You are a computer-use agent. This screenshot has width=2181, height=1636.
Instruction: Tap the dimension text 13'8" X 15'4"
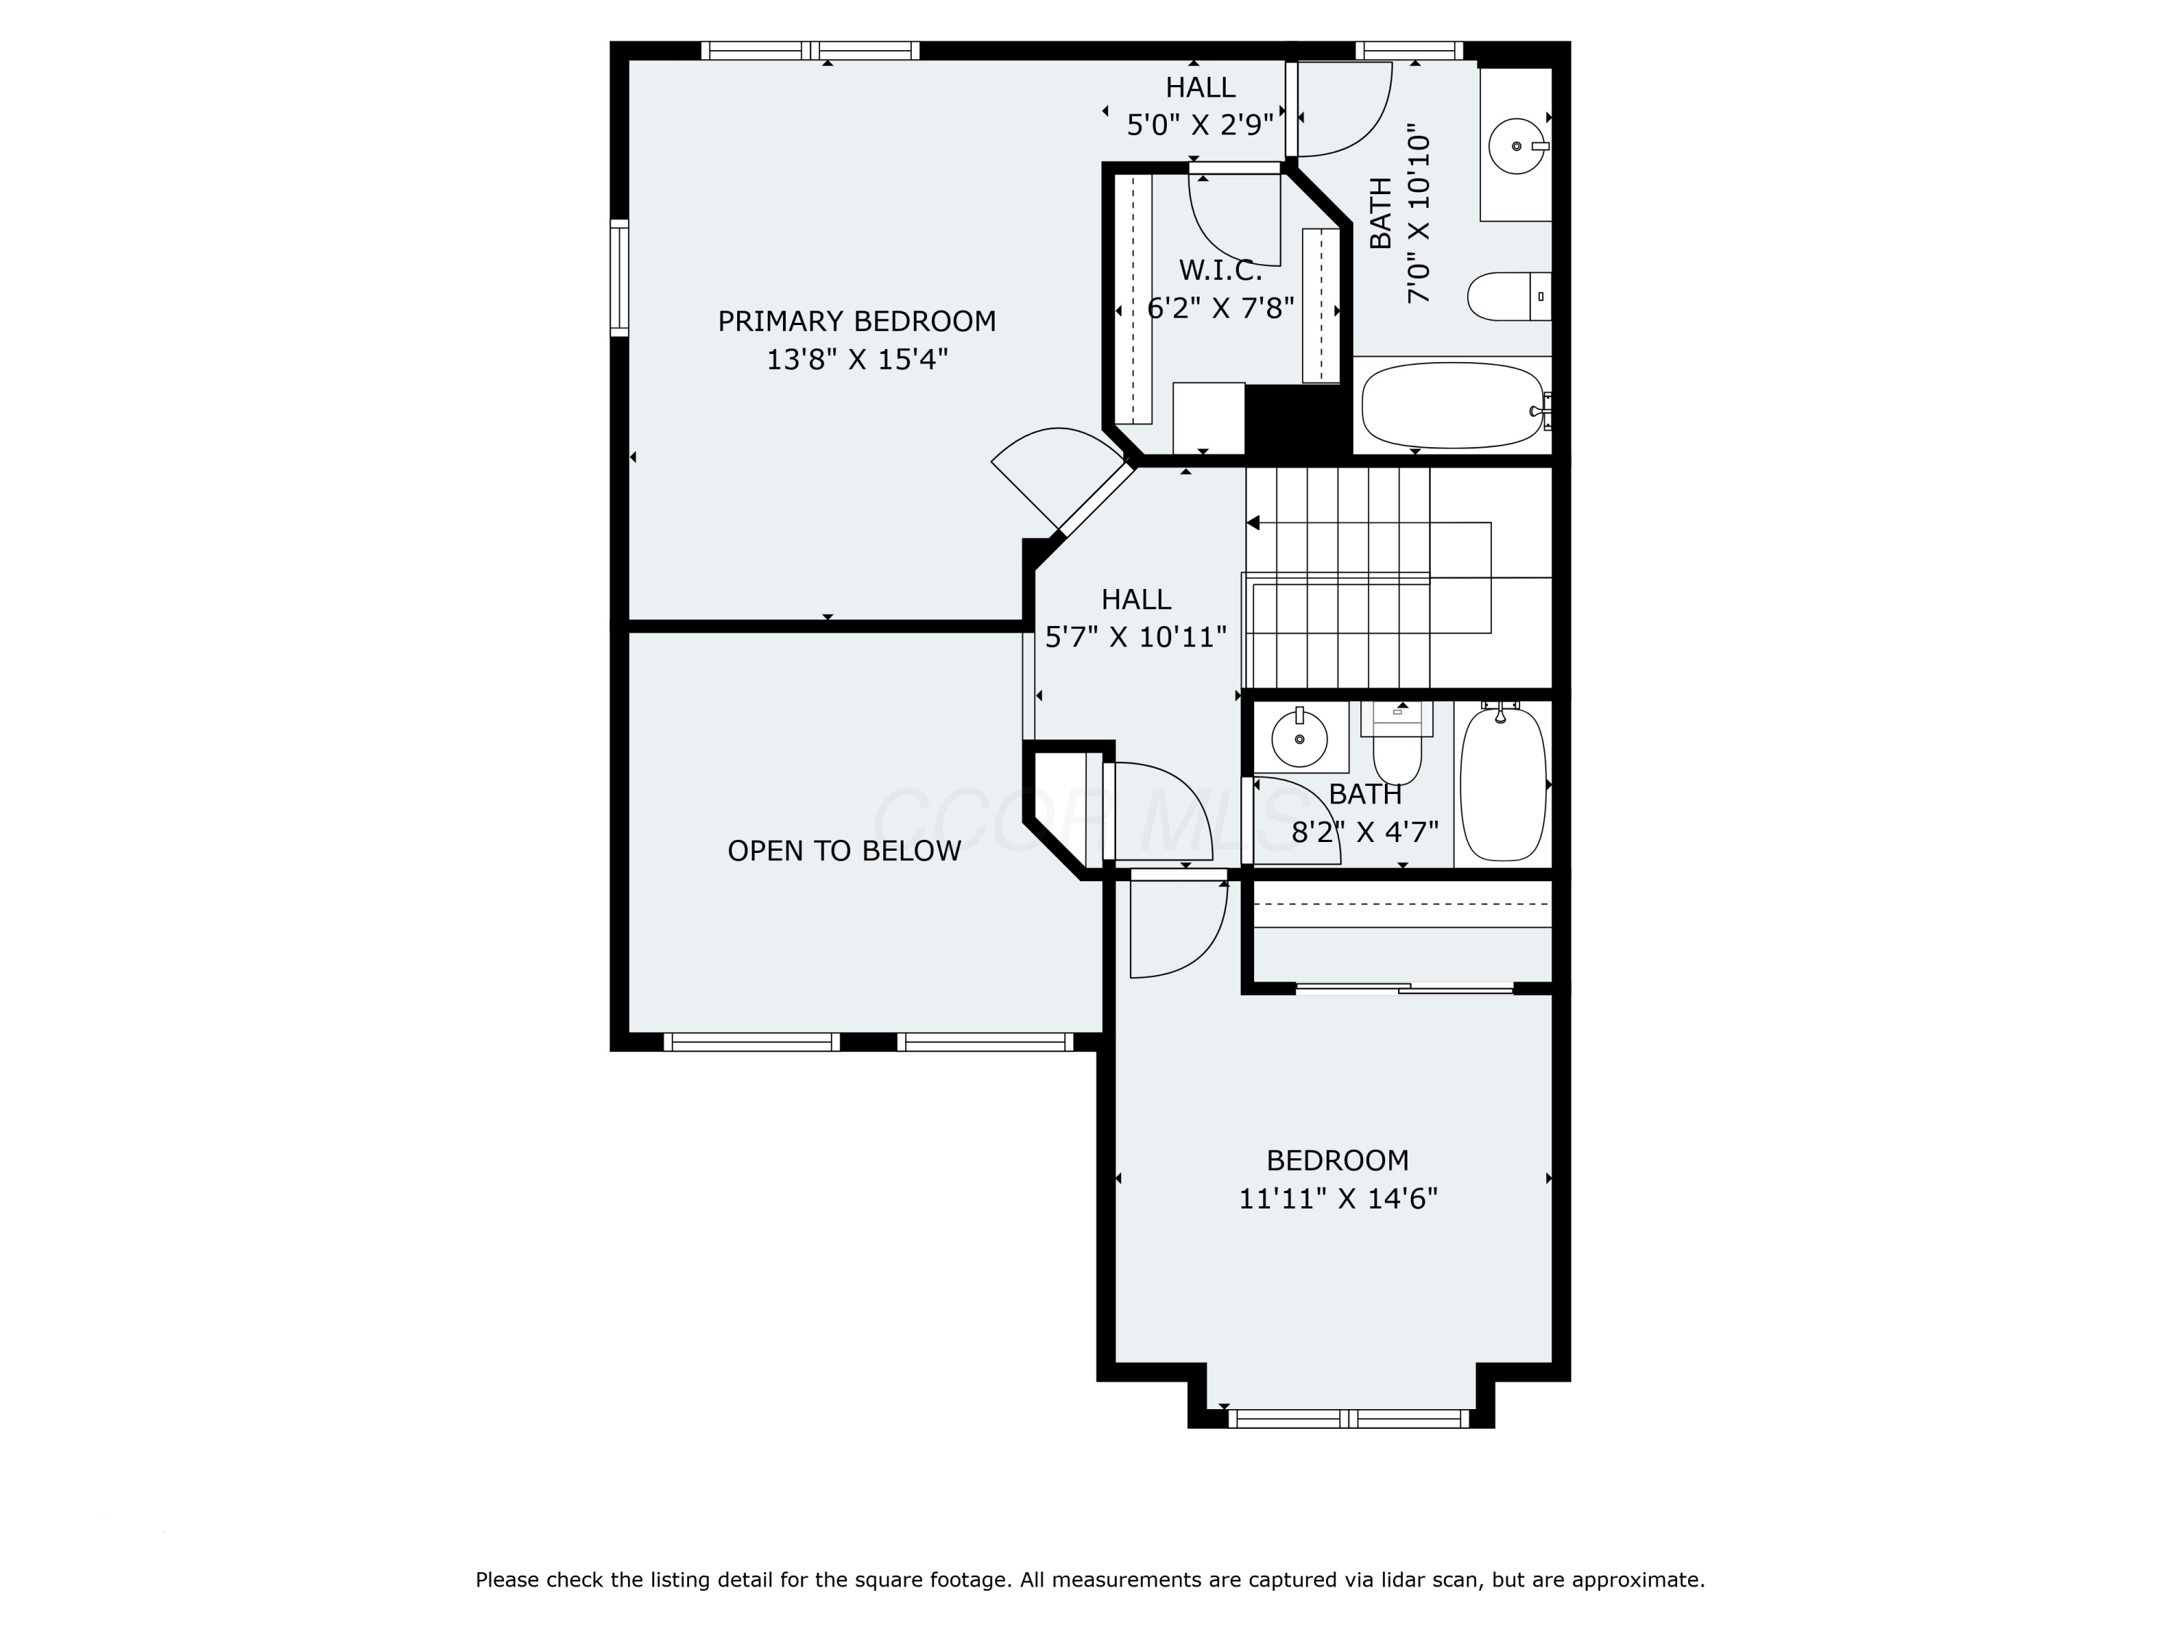(x=857, y=359)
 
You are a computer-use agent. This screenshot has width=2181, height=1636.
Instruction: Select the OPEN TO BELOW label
(x=844, y=851)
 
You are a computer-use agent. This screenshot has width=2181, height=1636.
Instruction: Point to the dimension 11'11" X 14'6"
(x=1338, y=1198)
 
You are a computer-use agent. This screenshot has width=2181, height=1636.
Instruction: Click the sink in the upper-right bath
(x=1517, y=146)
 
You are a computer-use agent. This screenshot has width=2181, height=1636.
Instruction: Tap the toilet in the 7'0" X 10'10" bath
(x=1509, y=296)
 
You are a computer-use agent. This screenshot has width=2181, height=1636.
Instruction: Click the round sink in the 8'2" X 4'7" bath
(x=1300, y=737)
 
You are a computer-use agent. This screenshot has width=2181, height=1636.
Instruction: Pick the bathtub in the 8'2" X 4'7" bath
(x=1503, y=784)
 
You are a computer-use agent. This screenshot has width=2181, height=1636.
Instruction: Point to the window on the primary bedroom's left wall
(x=619, y=278)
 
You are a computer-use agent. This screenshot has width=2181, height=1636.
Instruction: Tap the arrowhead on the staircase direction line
(x=1253, y=523)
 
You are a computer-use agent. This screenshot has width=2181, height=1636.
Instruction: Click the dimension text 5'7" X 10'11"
(x=1136, y=637)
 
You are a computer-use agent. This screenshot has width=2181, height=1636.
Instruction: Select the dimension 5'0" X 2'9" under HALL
(x=1200, y=125)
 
